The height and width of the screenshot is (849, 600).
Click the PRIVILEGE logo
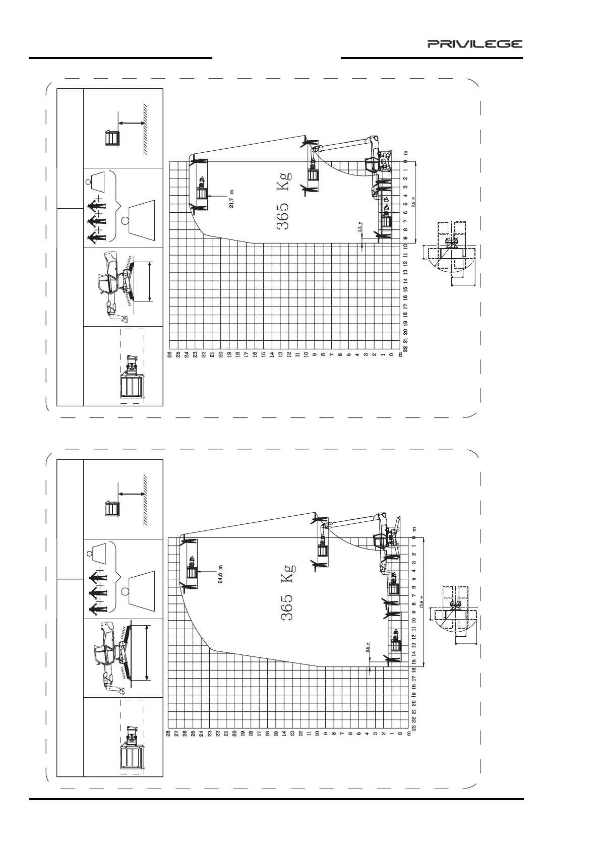tap(475, 44)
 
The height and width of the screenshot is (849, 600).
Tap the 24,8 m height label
tap(220, 574)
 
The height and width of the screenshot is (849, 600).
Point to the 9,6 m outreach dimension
tap(413, 203)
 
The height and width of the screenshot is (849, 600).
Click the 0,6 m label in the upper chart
tap(360, 228)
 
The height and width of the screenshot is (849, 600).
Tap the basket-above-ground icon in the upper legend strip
tap(123, 130)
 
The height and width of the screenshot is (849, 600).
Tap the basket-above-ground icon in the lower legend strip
tap(123, 501)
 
